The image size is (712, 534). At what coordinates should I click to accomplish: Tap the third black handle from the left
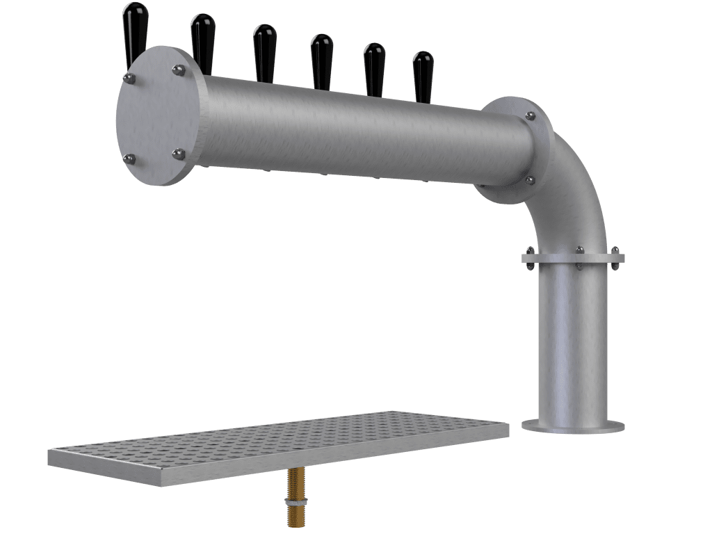coord(264,52)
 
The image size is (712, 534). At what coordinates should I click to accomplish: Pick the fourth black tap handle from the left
coord(321,60)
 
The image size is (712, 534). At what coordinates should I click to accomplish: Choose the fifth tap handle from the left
coord(374,68)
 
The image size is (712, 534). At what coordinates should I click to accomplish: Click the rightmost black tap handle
coord(423,75)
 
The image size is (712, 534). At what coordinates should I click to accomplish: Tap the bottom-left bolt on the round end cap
coord(129,160)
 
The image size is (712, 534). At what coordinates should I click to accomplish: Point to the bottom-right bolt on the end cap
coord(178,154)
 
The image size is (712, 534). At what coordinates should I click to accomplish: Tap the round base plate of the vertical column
coord(573,426)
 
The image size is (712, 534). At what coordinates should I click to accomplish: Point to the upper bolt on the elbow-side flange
coord(531,116)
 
